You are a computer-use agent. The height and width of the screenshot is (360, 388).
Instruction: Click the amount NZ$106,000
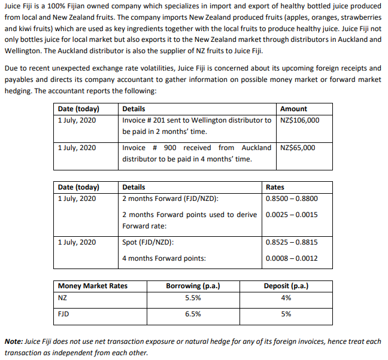tap(299, 120)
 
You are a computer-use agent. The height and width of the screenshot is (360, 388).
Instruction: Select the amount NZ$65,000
tap(298, 148)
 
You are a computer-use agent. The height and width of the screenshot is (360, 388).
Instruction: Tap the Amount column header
tap(293, 109)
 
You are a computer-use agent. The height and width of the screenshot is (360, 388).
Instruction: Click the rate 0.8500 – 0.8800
tap(292, 199)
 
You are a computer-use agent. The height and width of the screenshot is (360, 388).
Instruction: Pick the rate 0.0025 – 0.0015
tap(292, 215)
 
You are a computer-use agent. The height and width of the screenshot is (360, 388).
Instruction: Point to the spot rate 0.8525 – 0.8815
tap(292, 242)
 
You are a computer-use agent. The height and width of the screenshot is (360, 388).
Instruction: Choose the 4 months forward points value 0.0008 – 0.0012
tap(292, 258)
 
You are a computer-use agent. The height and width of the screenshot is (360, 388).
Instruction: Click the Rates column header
tap(275, 187)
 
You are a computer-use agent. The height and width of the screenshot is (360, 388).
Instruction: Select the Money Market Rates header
tap(93, 286)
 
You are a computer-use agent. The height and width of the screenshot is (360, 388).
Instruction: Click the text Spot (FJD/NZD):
tap(148, 242)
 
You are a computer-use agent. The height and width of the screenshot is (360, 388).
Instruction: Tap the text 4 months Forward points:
tap(163, 258)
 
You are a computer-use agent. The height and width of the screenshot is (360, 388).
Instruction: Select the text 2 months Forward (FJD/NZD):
tap(170, 199)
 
